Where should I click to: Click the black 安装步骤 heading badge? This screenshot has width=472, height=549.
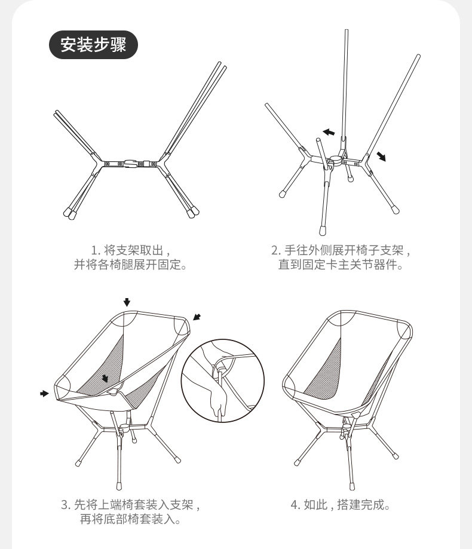(93, 44)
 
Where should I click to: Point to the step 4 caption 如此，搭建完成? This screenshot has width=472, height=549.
(341, 505)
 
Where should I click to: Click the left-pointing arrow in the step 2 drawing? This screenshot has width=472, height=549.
(328, 131)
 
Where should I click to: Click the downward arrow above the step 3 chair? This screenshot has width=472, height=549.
(127, 300)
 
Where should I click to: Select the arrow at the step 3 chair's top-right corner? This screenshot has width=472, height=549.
(197, 317)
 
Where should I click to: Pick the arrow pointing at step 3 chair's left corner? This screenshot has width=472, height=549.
(44, 393)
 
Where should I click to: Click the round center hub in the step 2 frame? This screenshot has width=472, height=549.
(335, 160)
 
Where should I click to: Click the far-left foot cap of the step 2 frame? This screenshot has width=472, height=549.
(282, 194)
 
